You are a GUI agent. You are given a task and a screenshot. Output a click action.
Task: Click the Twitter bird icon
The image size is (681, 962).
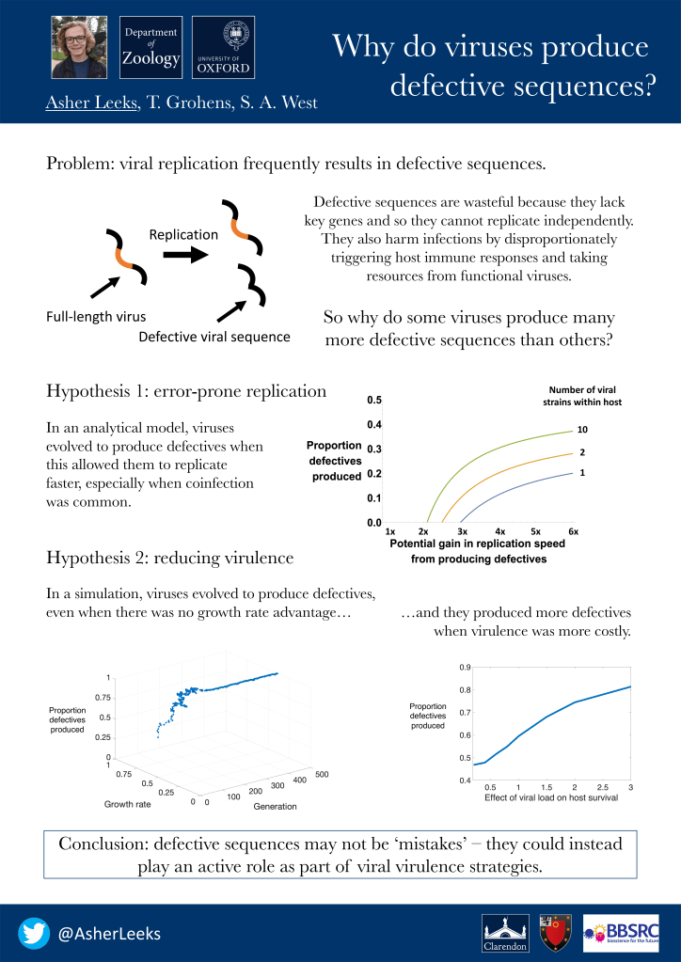pos(34,933)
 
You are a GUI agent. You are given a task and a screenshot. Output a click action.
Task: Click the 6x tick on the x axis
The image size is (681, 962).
pos(573,531)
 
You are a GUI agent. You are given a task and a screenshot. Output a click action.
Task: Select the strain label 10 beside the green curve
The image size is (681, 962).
pos(582,430)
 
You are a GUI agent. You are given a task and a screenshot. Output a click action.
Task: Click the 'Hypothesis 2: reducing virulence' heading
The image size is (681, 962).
pos(169,559)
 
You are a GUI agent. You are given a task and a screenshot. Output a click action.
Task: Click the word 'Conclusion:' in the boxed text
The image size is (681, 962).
pos(103,844)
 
